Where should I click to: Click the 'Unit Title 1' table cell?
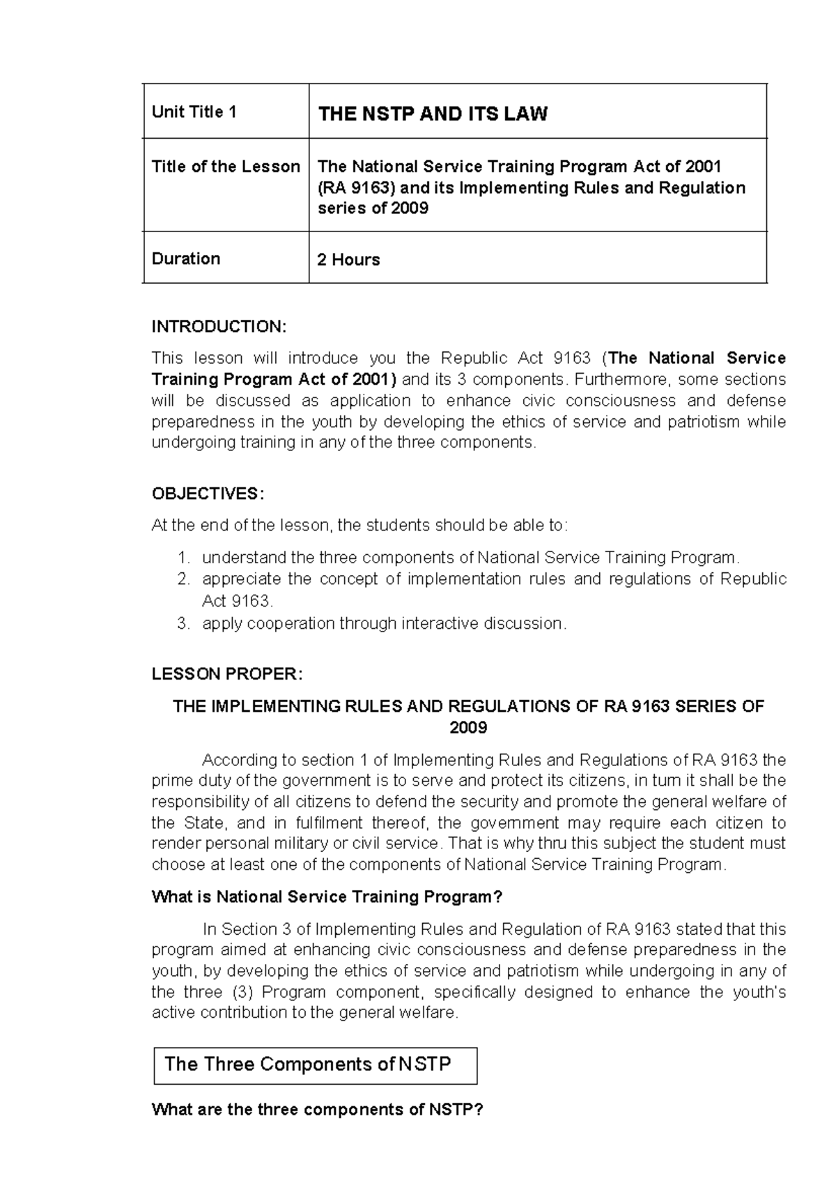(194, 112)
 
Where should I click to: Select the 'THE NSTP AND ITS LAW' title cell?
(433, 114)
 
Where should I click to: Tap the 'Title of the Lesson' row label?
(226, 167)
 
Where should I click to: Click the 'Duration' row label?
(186, 259)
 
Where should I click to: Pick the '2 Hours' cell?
(348, 260)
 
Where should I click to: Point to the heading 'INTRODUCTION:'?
(219, 327)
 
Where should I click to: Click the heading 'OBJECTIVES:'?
(208, 494)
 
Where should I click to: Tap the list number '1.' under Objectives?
(183, 558)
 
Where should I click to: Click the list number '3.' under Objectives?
(183, 623)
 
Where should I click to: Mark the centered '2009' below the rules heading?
(468, 728)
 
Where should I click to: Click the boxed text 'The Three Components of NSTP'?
(307, 1064)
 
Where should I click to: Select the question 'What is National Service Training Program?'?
(327, 896)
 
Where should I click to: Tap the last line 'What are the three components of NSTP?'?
(317, 1109)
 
